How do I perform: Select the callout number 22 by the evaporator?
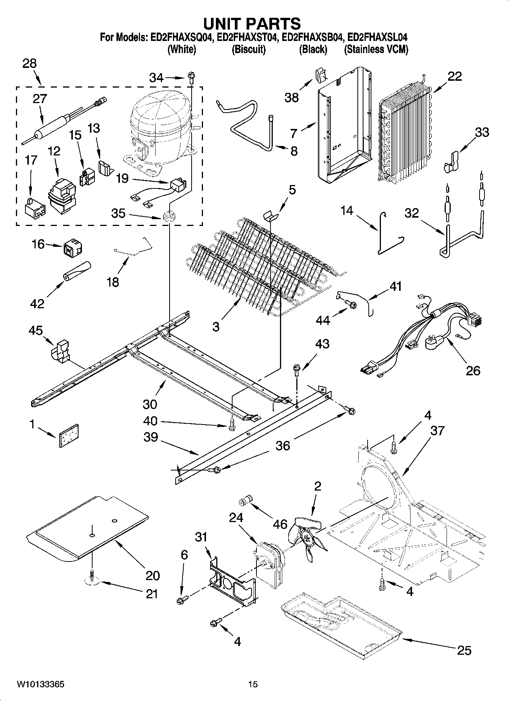pos(455,76)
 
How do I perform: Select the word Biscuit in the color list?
pos(248,49)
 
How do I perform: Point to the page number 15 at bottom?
pos(253,685)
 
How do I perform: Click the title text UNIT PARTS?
pos(252,24)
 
